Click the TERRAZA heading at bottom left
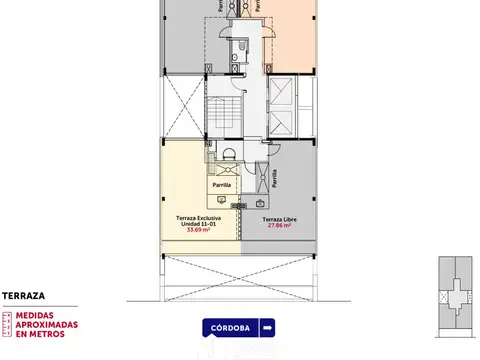click(x=23, y=295)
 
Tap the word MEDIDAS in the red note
click(x=39, y=315)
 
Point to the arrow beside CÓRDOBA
click(x=267, y=327)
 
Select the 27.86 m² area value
click(x=282, y=225)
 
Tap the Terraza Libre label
click(x=282, y=218)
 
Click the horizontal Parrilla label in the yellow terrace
click(x=221, y=185)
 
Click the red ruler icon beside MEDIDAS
click(x=8, y=325)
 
